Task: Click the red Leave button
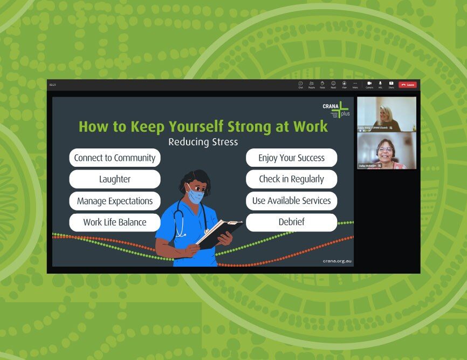pos(408,85)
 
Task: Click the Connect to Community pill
pos(115,158)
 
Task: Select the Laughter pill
pos(115,179)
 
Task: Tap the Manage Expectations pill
pos(115,201)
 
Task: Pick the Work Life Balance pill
pos(115,222)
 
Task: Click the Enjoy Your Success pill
pos(291,158)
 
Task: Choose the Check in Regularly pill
pos(291,179)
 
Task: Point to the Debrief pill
pos(291,222)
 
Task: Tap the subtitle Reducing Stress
pos(203,142)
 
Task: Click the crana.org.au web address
pos(337,260)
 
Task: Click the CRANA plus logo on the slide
pos(335,110)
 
